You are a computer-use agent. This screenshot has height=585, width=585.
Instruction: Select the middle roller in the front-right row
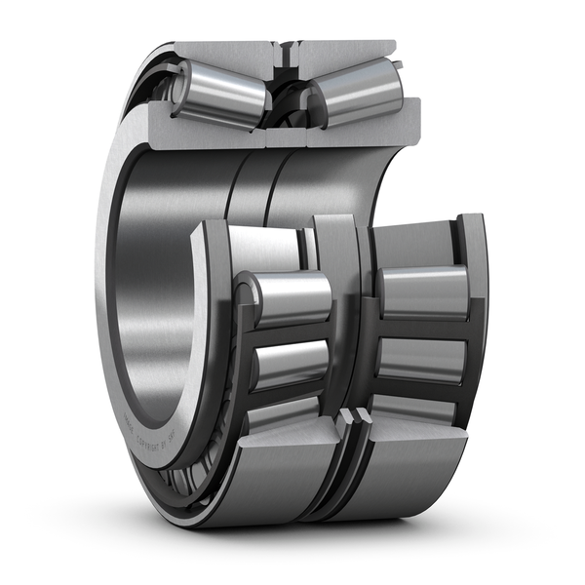421,358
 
